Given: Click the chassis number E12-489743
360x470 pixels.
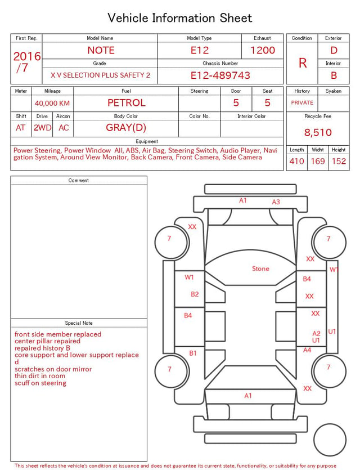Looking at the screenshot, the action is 220,75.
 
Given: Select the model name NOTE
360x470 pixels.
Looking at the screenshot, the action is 101,50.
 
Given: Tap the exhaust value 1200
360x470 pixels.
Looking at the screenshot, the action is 263,50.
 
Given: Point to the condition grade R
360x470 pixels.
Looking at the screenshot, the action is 303,63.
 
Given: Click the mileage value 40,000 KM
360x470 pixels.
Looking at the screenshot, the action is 52,104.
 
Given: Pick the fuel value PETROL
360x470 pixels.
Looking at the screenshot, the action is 127,103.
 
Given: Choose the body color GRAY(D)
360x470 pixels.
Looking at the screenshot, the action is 126,128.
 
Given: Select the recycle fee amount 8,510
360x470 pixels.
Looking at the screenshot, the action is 318,132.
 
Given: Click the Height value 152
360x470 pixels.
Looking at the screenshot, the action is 339,161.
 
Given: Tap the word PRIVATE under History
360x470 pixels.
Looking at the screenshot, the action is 302,103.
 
